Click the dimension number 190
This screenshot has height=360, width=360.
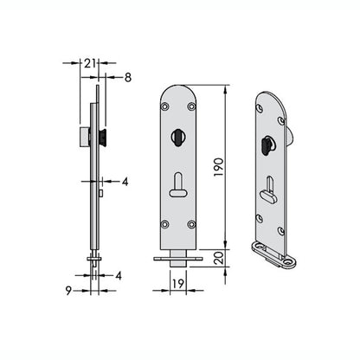tap(219, 167)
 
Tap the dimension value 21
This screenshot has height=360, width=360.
tap(90, 63)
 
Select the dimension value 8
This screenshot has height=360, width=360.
tap(128, 77)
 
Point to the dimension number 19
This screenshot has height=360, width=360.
tap(178, 284)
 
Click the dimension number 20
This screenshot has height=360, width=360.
tap(219, 258)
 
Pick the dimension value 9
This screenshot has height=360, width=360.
tap(68, 291)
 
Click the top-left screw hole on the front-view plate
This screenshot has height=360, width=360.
tap(165, 106)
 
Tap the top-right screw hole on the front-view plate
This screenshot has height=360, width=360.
tap(191, 106)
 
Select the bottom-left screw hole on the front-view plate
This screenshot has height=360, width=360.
tap(165, 224)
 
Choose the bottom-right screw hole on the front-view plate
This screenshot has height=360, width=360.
tap(191, 224)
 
